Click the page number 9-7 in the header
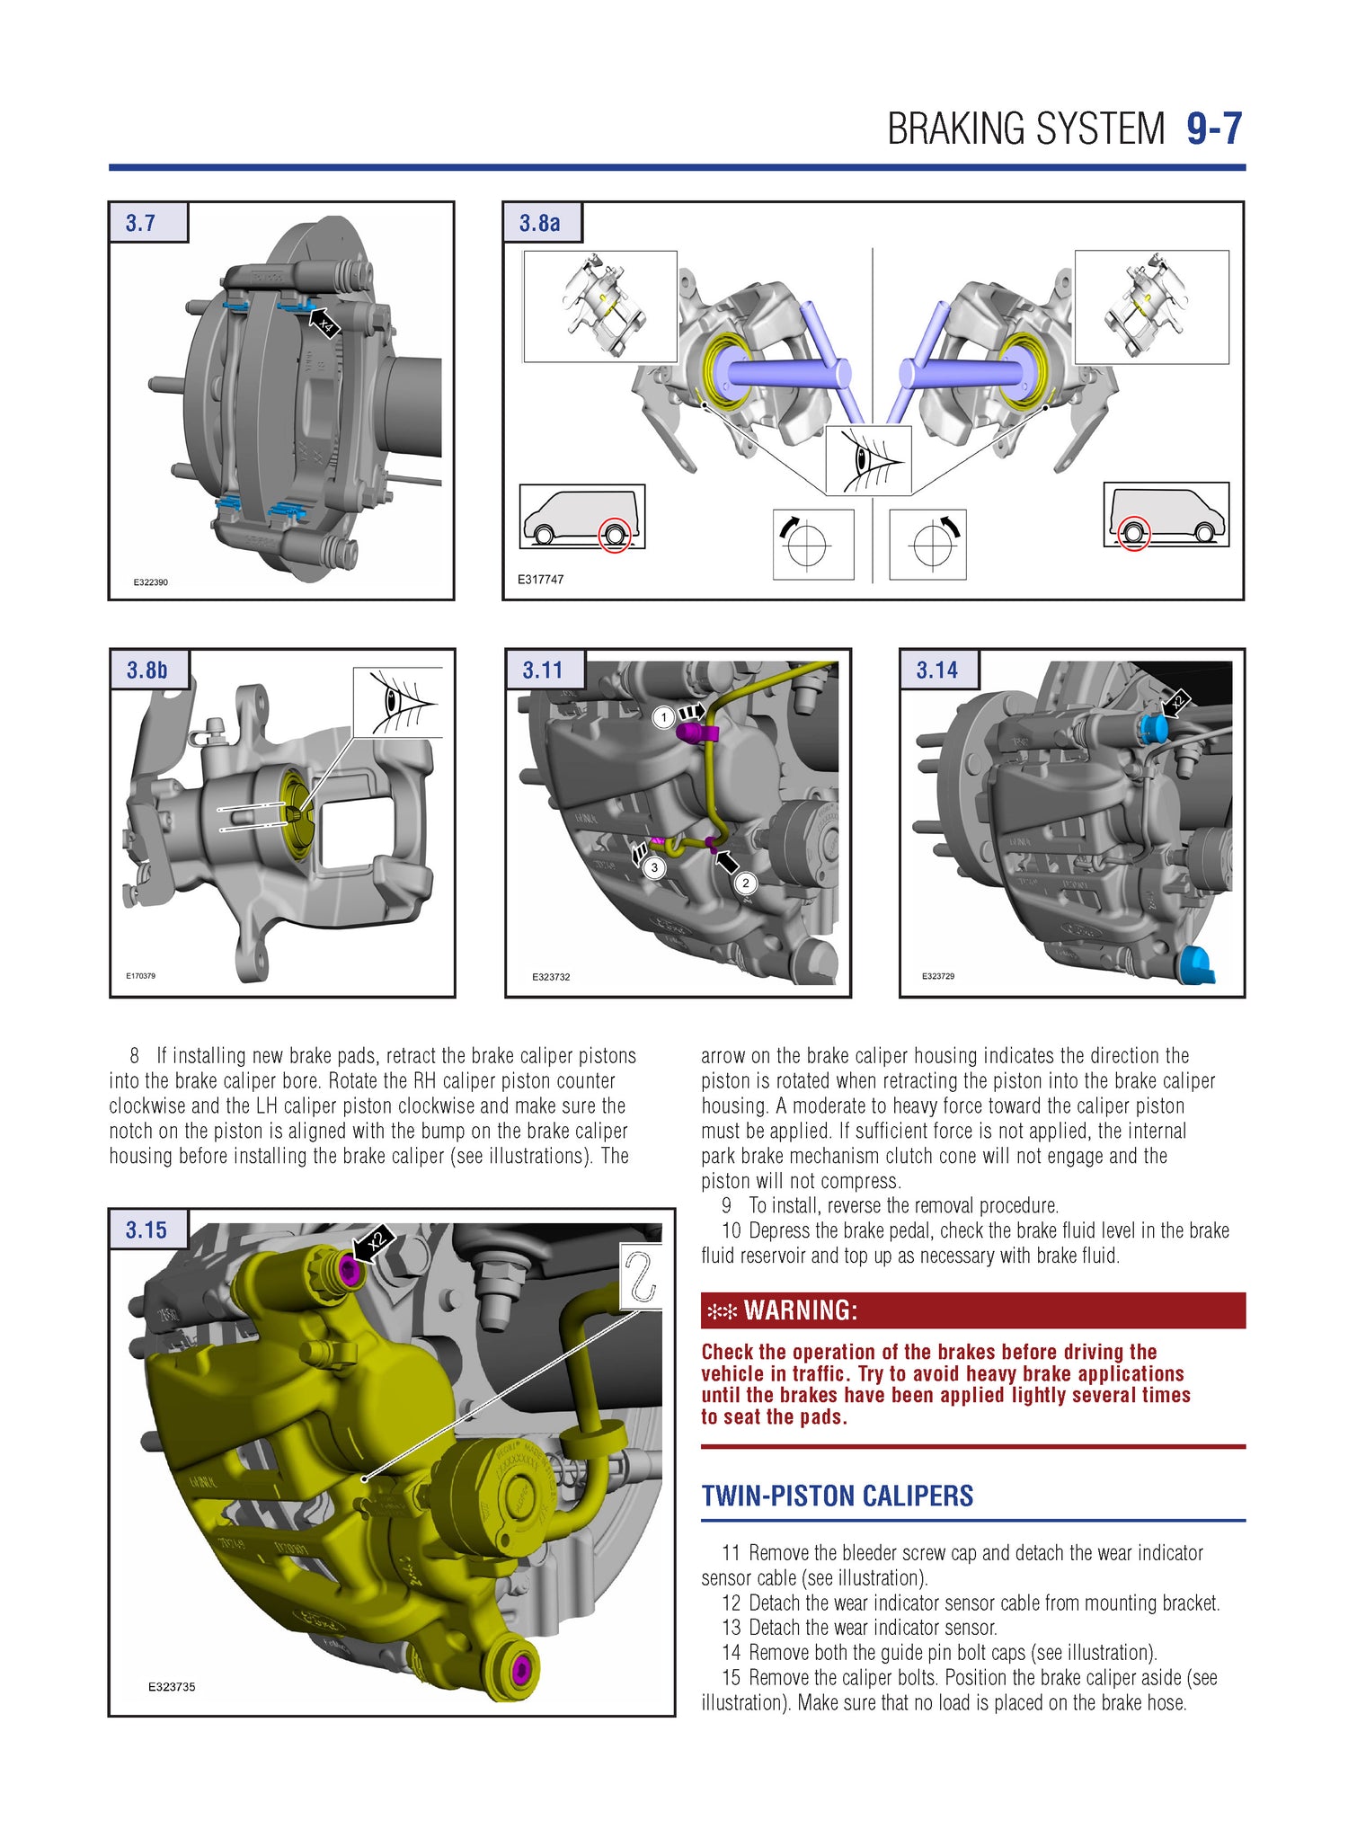[1213, 129]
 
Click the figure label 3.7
[141, 223]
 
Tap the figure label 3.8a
[539, 223]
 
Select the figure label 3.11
[542, 670]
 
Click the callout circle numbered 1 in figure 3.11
[663, 717]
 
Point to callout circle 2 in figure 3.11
[745, 883]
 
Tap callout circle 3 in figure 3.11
[654, 867]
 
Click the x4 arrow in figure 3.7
[324, 323]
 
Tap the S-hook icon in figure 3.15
[641, 1276]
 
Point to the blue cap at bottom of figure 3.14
[1197, 965]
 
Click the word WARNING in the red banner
[800, 1310]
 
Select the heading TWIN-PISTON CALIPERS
[837, 1496]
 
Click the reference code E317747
[540, 580]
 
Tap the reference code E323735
[172, 1687]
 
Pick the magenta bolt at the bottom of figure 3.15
[520, 1669]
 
